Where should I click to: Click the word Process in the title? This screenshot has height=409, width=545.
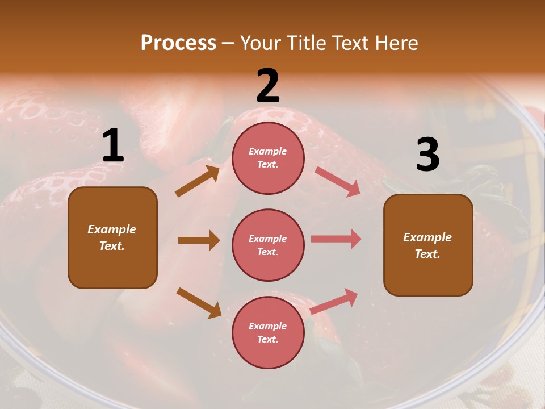pyautogui.click(x=178, y=43)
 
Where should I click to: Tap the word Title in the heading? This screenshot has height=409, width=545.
pyautogui.click(x=307, y=43)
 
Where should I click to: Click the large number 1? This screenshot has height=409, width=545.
pyautogui.click(x=113, y=146)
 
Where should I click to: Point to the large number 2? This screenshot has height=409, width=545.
pyautogui.click(x=268, y=86)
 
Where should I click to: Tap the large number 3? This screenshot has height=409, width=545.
pyautogui.click(x=427, y=155)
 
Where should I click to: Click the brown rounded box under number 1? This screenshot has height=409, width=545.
pyautogui.click(x=112, y=237)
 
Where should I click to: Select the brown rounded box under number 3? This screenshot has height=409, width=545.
pyautogui.click(x=428, y=245)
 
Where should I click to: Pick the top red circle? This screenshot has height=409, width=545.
pyautogui.click(x=268, y=157)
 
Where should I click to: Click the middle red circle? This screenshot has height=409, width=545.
pyautogui.click(x=268, y=245)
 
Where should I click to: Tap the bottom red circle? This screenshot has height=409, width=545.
pyautogui.click(x=268, y=332)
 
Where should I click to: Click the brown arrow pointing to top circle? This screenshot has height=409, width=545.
pyautogui.click(x=198, y=181)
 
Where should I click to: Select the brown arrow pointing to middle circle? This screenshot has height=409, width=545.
pyautogui.click(x=199, y=240)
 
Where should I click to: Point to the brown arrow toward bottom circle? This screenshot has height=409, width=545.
pyautogui.click(x=199, y=302)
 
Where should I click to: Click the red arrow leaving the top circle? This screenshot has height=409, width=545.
pyautogui.click(x=337, y=181)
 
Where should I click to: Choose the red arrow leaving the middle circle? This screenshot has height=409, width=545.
pyautogui.click(x=336, y=239)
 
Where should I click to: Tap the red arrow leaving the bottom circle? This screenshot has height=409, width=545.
pyautogui.click(x=334, y=301)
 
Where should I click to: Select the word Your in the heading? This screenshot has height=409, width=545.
pyautogui.click(x=260, y=43)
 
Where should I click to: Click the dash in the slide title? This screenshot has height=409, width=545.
pyautogui.click(x=228, y=43)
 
